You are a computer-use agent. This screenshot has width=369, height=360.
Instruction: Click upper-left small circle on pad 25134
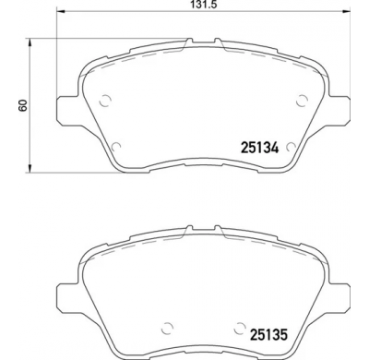(104, 102)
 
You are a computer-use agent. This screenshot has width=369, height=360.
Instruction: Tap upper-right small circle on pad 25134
(301, 102)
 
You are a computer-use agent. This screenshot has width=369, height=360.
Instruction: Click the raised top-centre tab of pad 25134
(202, 41)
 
